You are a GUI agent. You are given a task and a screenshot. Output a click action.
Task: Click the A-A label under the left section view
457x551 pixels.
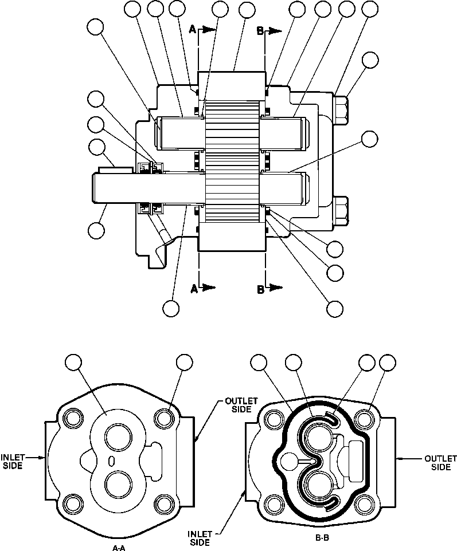[x=119, y=548]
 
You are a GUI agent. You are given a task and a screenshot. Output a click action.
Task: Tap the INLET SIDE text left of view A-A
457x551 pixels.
[x=11, y=462]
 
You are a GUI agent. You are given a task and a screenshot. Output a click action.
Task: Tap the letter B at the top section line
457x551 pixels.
[x=260, y=32]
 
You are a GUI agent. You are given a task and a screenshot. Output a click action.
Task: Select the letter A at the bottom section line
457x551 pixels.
[x=194, y=290]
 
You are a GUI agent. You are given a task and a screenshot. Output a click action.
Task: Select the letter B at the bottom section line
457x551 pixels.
[x=260, y=290]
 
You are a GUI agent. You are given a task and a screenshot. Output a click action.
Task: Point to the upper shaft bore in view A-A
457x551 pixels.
[x=119, y=439]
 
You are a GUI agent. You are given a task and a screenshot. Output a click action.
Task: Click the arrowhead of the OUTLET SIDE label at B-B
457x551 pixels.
[x=399, y=458]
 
